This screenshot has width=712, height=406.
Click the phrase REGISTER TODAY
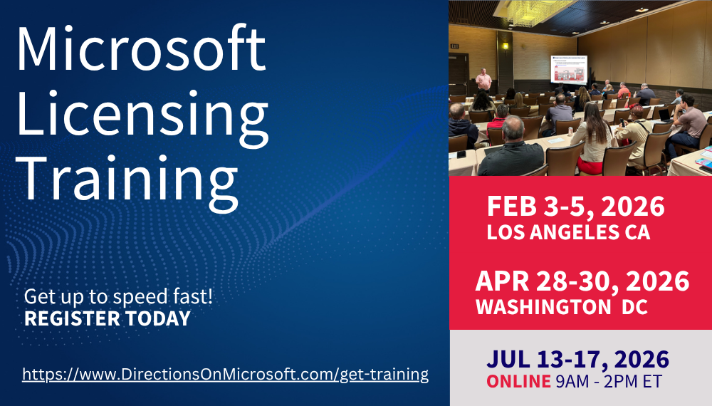(x=108, y=318)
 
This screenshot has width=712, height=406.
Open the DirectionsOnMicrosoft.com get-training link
(x=225, y=374)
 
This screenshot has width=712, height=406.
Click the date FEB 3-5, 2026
(x=575, y=207)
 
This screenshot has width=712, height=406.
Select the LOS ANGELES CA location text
(x=568, y=232)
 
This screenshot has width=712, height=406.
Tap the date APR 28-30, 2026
(x=582, y=282)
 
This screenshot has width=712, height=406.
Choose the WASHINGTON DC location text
(x=562, y=307)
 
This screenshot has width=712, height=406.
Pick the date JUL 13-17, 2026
(x=577, y=358)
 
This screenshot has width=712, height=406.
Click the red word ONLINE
(x=518, y=381)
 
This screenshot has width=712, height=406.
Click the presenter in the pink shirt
(x=483, y=79)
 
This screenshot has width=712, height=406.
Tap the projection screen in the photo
(x=572, y=70)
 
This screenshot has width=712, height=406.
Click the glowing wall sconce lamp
(x=506, y=45)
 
